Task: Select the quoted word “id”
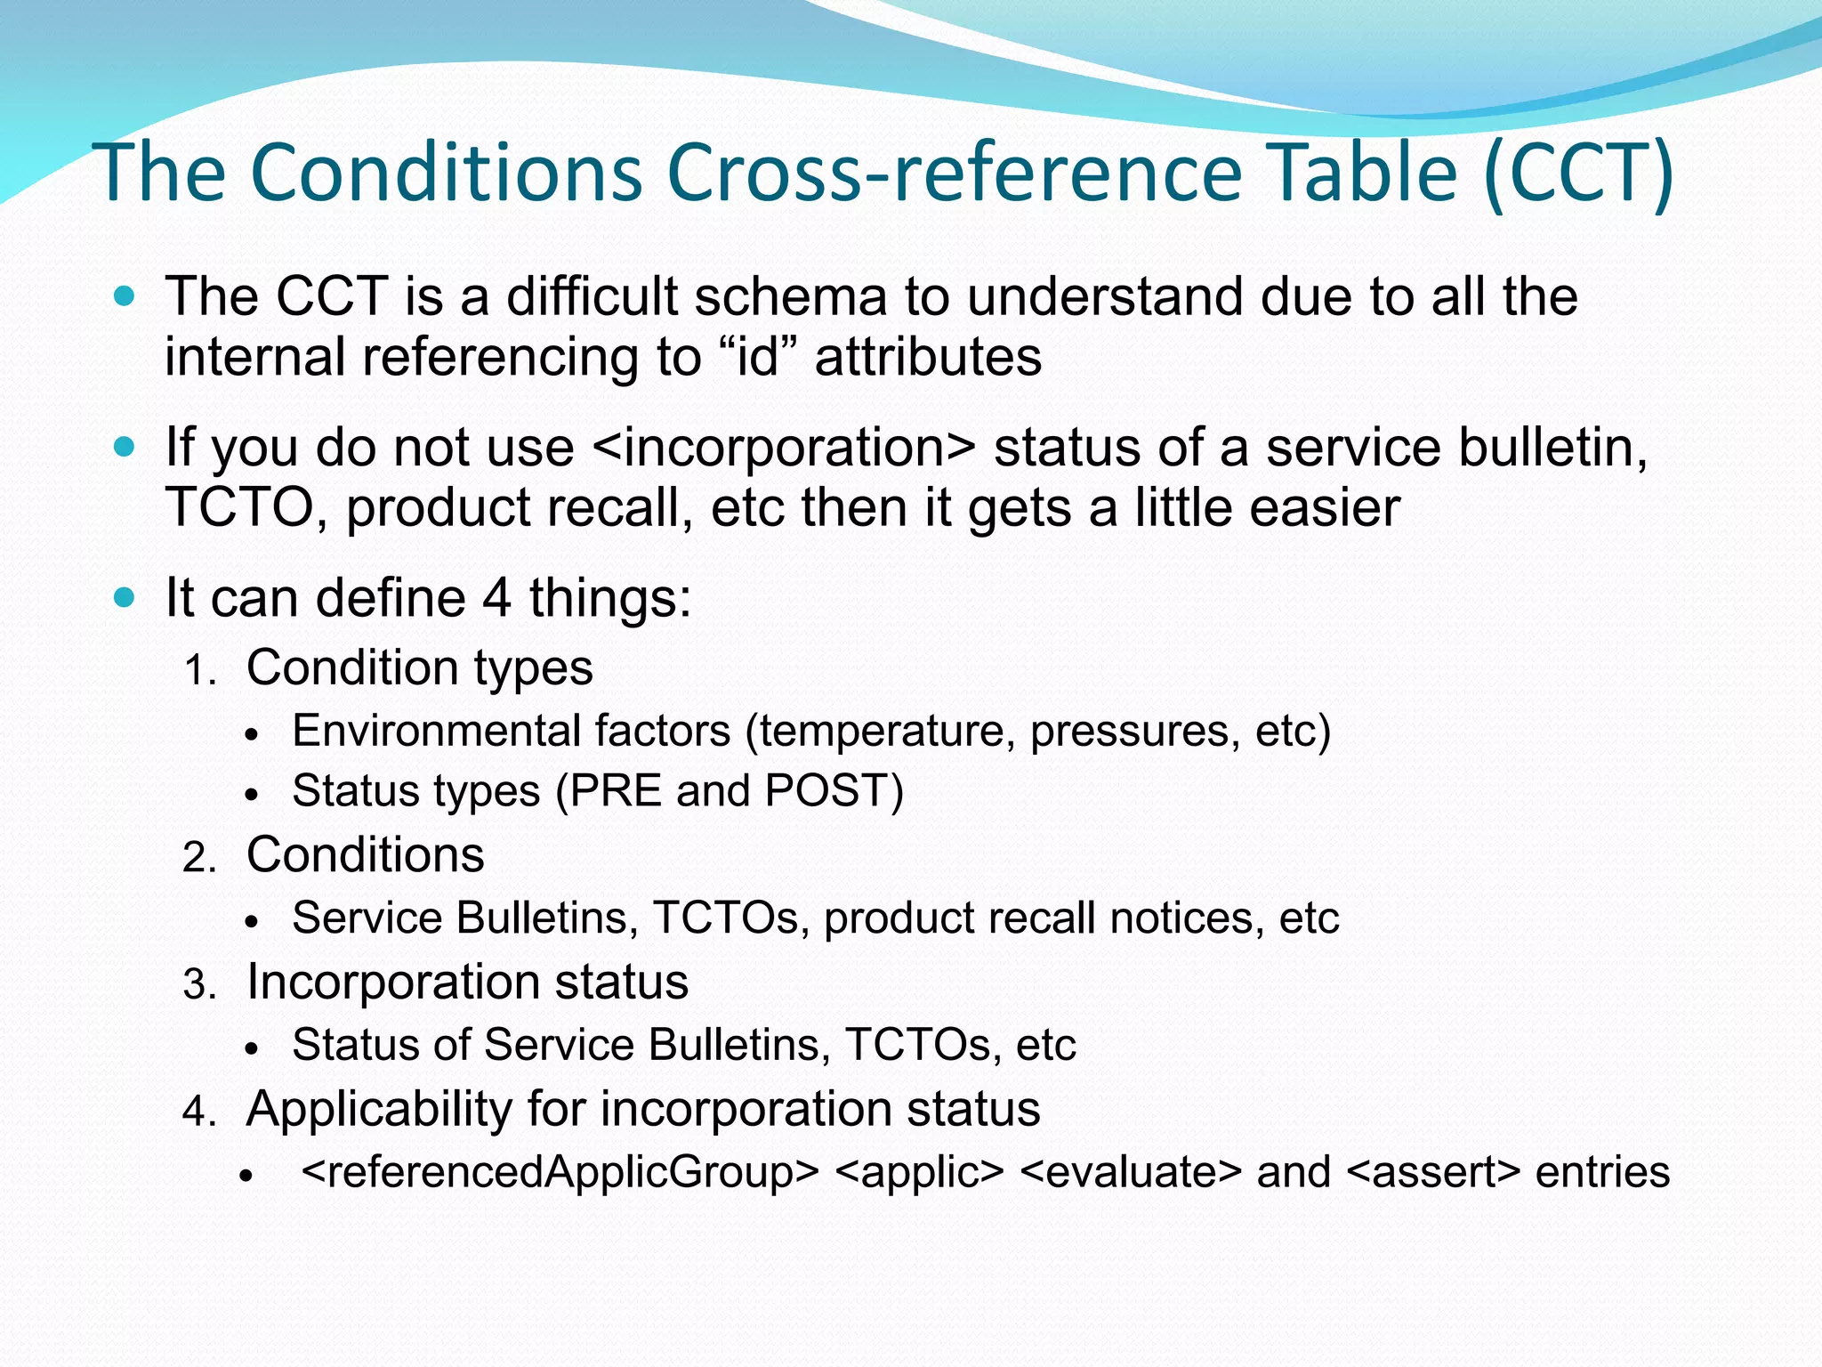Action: [x=757, y=357]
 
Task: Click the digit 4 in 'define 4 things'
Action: [x=496, y=597]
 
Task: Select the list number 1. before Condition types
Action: [x=200, y=670]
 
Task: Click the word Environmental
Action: [x=435, y=731]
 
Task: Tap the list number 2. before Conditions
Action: [x=200, y=858]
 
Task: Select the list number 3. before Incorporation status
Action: [x=200, y=985]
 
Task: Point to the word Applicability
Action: [x=378, y=1109]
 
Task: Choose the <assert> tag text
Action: [x=1434, y=1171]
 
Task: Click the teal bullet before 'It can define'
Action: [x=125, y=596]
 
